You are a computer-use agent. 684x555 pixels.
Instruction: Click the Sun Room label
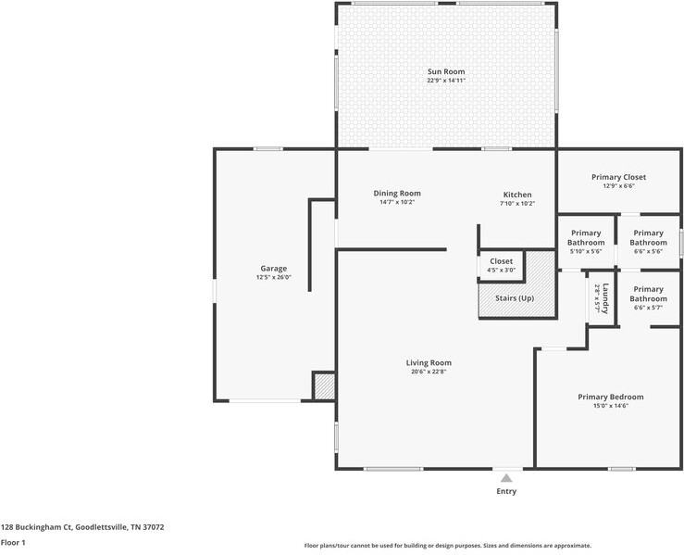point(446,71)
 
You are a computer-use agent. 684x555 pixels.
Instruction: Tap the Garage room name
point(274,269)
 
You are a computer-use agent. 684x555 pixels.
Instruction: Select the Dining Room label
point(397,194)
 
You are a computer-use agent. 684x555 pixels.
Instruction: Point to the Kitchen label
point(517,195)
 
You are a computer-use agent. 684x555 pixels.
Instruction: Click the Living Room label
point(429,363)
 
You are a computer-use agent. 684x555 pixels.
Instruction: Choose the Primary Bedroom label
point(611,397)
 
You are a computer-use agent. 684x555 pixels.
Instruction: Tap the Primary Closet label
point(618,177)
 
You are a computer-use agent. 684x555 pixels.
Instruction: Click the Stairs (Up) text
point(515,298)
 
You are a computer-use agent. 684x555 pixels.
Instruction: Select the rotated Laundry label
point(605,298)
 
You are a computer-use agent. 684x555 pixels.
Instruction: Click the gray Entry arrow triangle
point(506,478)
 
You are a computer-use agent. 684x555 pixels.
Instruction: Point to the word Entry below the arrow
point(506,491)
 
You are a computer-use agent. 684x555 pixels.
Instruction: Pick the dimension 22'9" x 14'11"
point(446,81)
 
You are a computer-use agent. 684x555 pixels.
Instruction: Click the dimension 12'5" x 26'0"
point(274,277)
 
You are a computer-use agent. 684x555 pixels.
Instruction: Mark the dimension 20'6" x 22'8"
point(429,372)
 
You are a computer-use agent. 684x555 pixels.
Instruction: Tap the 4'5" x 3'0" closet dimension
point(502,271)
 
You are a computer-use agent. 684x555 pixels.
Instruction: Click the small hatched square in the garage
point(324,386)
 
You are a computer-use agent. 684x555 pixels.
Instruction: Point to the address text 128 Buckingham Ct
point(36,527)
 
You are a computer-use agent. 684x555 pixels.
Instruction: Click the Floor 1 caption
point(13,543)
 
